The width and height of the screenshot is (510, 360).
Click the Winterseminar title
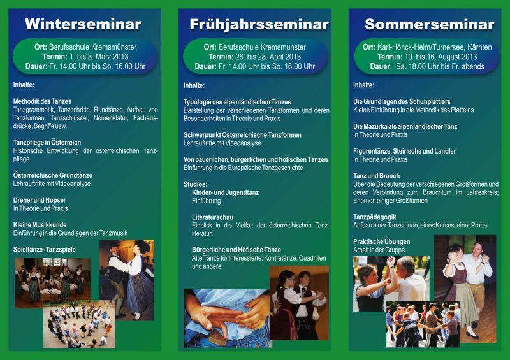pyautogui.click(x=83, y=24)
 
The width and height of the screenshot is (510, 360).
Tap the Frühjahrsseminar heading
pyautogui.click(x=259, y=25)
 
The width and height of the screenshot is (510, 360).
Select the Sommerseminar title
pyautogui.click(x=429, y=24)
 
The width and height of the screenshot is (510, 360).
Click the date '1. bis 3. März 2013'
pyautogui.click(x=99, y=57)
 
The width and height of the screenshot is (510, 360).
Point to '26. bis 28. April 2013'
pyautogui.click(x=269, y=57)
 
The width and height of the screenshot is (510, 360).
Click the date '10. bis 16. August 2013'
pyautogui.click(x=441, y=57)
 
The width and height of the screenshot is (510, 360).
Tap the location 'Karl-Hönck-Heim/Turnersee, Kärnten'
pyautogui.click(x=435, y=47)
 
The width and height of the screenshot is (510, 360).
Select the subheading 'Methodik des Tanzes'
pyautogui.click(x=42, y=101)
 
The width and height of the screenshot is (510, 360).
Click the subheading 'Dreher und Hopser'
pyautogui.click(x=40, y=200)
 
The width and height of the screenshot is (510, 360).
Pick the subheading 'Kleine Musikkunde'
pyautogui.click(x=40, y=225)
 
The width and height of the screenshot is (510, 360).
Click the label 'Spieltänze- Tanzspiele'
pyautogui.click(x=45, y=249)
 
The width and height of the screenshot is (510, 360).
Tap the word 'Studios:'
pyautogui.click(x=195, y=184)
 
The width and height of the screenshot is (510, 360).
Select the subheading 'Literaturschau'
pyautogui.click(x=212, y=217)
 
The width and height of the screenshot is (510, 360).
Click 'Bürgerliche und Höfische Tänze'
pyautogui.click(x=237, y=250)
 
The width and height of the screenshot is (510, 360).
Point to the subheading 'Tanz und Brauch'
pyautogui.click(x=376, y=176)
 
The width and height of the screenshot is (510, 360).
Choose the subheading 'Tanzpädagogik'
pyautogui.click(x=375, y=217)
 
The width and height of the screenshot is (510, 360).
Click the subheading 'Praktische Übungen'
pyautogui.click(x=381, y=241)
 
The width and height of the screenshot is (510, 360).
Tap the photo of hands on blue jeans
pyautogui.click(x=228, y=319)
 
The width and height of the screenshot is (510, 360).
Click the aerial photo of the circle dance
pyautogui.click(x=79, y=324)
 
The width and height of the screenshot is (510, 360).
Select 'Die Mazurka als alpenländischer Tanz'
pyautogui.click(x=405, y=127)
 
